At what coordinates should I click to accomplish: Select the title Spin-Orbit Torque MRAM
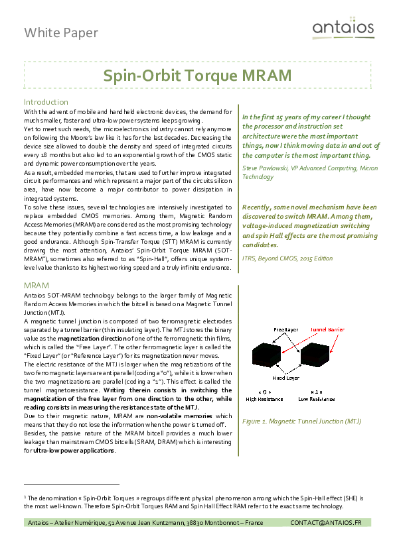(197, 76)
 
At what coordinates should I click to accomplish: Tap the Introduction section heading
(46, 102)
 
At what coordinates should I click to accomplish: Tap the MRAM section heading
(37, 285)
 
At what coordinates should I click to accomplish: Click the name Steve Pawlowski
(264, 168)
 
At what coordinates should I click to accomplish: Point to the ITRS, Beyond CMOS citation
(287, 258)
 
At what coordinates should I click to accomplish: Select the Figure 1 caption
(301, 421)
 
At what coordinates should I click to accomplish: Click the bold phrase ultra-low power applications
(73, 451)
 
